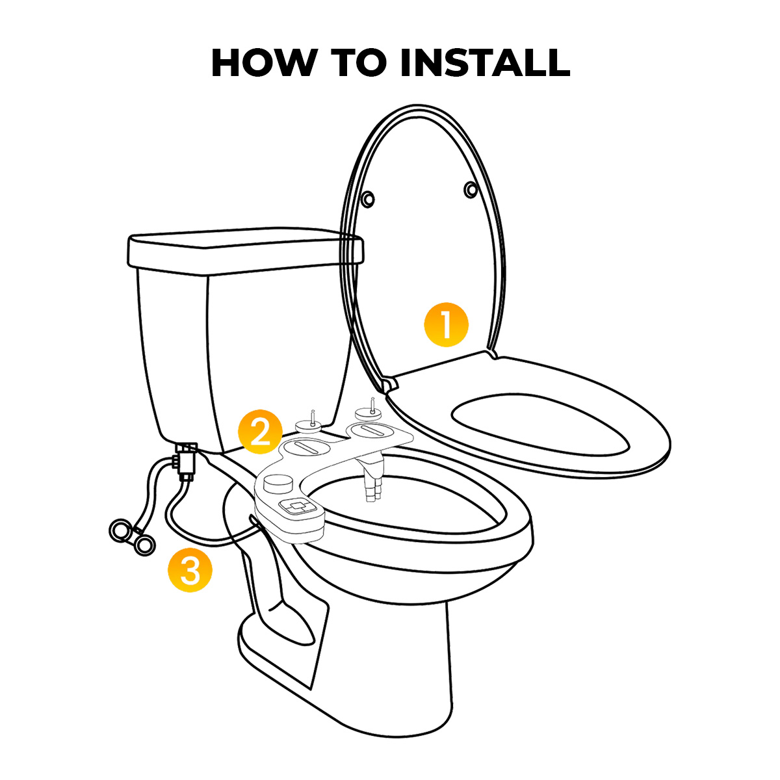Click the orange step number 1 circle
point(446,324)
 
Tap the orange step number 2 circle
point(259,432)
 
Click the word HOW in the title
point(263,63)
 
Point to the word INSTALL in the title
point(485,63)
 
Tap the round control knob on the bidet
point(278,482)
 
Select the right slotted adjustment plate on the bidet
point(370,431)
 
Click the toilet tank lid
point(246,248)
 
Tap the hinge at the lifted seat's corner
point(389,383)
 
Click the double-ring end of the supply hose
point(131,537)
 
